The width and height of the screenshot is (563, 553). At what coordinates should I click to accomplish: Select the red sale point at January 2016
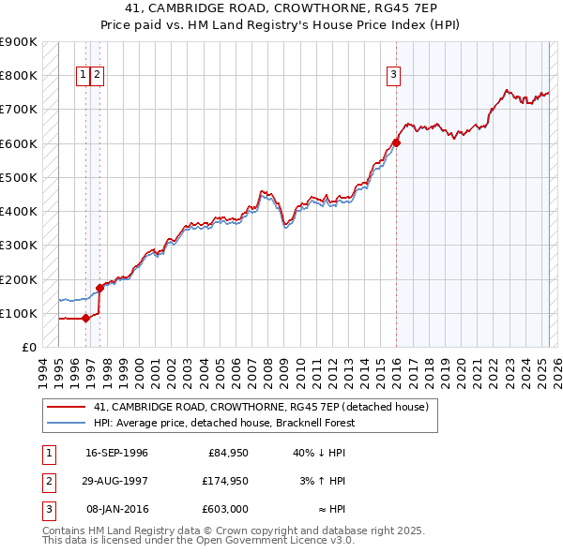396,142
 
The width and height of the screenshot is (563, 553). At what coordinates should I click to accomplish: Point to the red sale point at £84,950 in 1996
85,318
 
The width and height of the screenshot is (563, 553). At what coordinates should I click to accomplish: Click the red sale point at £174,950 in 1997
99,288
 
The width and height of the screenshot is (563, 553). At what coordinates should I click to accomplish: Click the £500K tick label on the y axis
19,177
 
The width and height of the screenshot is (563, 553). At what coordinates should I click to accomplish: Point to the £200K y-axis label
19,279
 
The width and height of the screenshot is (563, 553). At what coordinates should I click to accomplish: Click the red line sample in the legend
66,407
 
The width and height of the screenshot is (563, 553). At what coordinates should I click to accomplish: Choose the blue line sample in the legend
66,423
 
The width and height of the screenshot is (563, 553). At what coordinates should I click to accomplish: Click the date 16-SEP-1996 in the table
116,453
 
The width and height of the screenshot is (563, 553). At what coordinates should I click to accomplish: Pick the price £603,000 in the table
226,509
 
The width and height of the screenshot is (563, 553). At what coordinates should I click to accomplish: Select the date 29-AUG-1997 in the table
116,481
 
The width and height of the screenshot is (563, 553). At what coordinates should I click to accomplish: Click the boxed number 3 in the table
46,509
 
